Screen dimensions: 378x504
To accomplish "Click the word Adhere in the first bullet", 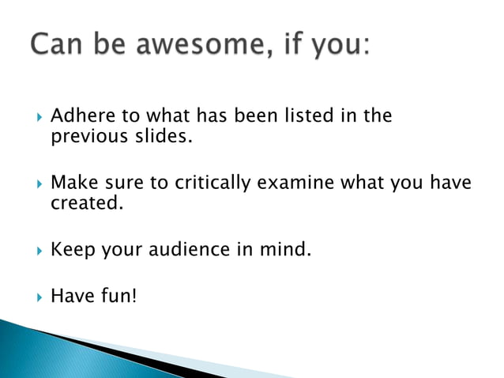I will tap(77, 116).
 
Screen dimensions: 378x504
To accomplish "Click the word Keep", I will tap(70, 251).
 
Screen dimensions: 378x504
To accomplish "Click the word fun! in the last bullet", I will tap(118, 297).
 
